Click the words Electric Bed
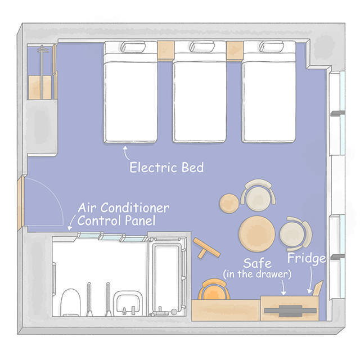[166, 167]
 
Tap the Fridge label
[307, 258]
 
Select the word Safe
[257, 263]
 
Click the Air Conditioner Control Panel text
[123, 214]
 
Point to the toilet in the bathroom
[70, 302]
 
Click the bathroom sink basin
[128, 303]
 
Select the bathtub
[166, 276]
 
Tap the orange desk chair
[214, 290]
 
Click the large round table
[256, 234]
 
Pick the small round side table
[229, 204]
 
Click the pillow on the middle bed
[202, 46]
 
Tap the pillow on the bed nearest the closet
[133, 47]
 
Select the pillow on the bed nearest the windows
[271, 46]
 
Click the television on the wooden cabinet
[290, 311]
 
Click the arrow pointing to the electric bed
[125, 152]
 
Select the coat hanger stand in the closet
[42, 72]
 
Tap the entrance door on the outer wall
[21, 203]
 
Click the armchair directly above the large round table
[258, 195]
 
